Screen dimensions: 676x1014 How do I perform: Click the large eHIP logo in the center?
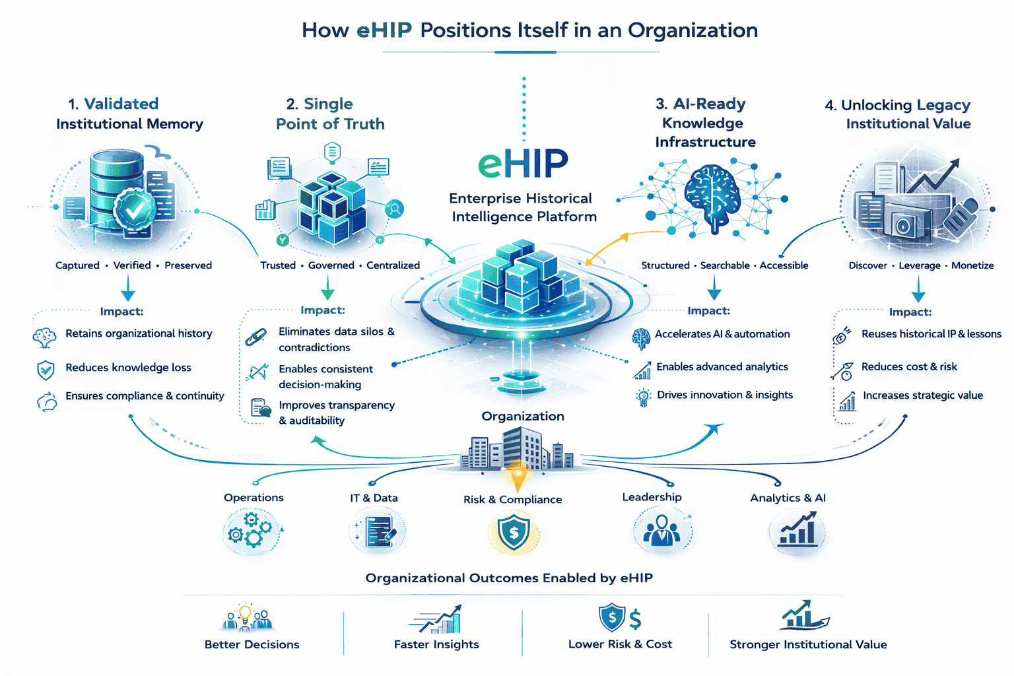click(523, 163)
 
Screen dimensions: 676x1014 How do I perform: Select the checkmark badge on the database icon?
click(135, 209)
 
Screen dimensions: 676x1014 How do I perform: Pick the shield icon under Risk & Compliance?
click(513, 533)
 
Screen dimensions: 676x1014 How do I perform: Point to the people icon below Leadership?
click(661, 531)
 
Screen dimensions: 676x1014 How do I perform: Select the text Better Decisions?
click(252, 644)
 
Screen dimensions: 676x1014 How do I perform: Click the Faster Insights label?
click(436, 644)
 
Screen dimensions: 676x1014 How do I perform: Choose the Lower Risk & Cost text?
click(620, 644)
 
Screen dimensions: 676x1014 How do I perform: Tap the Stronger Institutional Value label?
click(808, 644)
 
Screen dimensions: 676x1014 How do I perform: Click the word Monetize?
click(972, 265)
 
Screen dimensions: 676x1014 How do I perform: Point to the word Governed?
click(331, 265)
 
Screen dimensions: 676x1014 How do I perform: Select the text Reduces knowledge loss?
click(128, 368)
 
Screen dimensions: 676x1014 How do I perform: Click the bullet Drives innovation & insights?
click(725, 395)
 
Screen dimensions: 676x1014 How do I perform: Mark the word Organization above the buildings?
click(523, 416)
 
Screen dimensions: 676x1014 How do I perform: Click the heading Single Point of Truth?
click(329, 114)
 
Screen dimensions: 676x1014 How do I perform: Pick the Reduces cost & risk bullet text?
click(909, 366)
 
